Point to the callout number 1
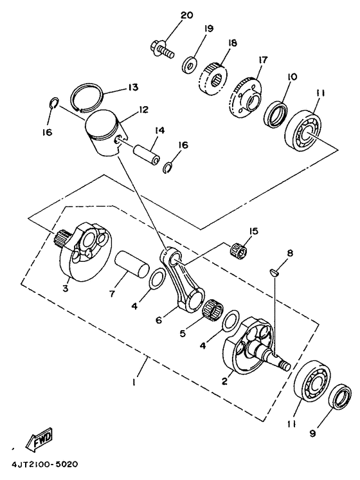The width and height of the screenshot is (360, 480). click(134, 382)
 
